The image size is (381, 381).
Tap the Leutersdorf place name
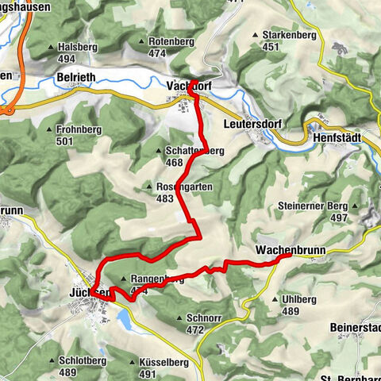pyautogui.click(x=234, y=123)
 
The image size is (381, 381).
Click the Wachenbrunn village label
pyautogui.click(x=287, y=250)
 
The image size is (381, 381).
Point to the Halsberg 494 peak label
pyautogui.click(x=77, y=52)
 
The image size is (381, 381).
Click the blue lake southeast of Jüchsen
pyautogui.click(x=126, y=320)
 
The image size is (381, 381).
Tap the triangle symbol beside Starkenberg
pyautogui.click(x=255, y=35)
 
